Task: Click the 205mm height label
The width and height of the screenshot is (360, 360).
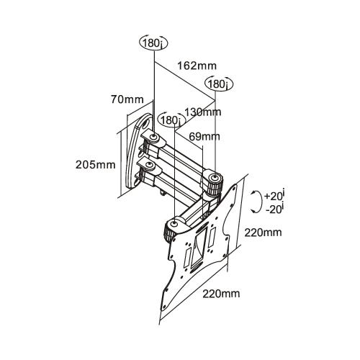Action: tap(95, 163)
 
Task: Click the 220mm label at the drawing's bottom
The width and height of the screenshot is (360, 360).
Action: tap(221, 293)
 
